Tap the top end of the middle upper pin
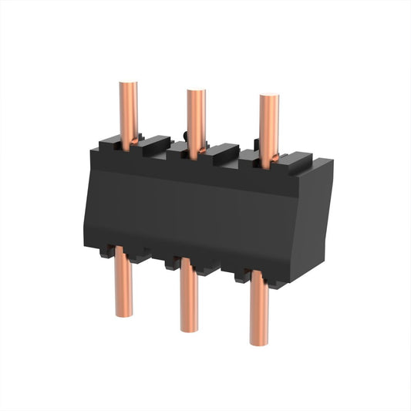click(x=197, y=93)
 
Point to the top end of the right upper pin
click(x=269, y=99)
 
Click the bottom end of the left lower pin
click(x=123, y=313)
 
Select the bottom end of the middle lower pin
click(x=190, y=328)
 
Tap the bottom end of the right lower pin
click(x=260, y=342)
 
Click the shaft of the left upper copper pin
click(x=130, y=112)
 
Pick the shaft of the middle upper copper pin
click(x=197, y=120)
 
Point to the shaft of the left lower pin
click(x=123, y=285)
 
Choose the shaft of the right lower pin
click(x=260, y=312)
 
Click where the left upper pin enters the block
click(x=130, y=143)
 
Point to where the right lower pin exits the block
click(x=260, y=281)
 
